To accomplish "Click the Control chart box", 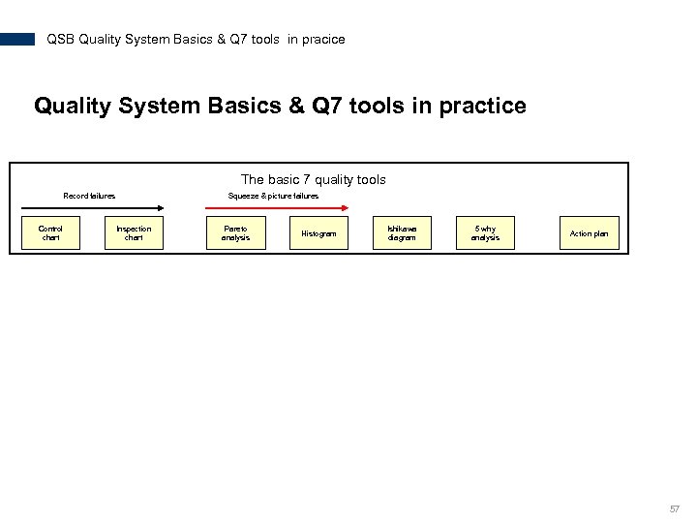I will tap(50, 233).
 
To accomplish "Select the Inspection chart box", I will tap(134, 233).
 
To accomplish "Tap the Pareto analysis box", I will tap(235, 233).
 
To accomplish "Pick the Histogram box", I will tap(318, 233).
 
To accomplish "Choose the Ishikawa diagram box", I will tap(402, 233).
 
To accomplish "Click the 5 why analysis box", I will tap(485, 233).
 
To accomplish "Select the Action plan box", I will tap(589, 233).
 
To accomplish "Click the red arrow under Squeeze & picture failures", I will tap(281, 206).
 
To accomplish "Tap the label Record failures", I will tap(89, 196).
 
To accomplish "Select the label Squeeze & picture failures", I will tap(273, 196).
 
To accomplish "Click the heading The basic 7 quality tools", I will tap(313, 179).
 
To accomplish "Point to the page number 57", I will tap(675, 508).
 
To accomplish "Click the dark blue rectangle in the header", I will tap(17, 40).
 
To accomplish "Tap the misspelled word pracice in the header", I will tap(323, 40).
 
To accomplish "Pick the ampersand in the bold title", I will tap(295, 106).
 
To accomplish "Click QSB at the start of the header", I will tap(60, 40).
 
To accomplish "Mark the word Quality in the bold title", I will tap(73, 106).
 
